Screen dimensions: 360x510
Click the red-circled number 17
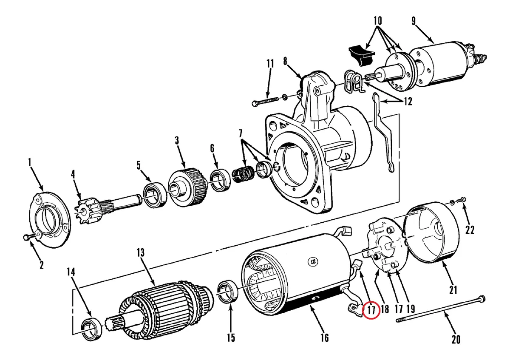(371, 310)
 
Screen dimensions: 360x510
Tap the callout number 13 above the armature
(141, 253)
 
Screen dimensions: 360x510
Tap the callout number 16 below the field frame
(324, 338)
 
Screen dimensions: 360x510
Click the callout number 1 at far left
(30, 162)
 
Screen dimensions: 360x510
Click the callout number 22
(470, 230)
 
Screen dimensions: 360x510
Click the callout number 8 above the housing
(286, 62)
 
